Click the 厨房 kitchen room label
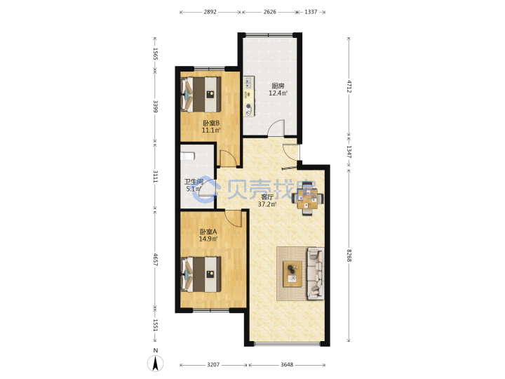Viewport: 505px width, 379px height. [x=278, y=86]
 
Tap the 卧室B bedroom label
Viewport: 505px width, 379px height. [x=211, y=123]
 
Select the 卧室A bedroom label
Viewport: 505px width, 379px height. [x=208, y=232]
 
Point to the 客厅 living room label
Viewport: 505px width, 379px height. [x=267, y=197]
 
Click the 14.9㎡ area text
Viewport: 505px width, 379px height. [x=208, y=239]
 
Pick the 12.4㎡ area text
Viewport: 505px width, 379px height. [x=278, y=93]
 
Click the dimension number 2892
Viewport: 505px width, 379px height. [x=210, y=12]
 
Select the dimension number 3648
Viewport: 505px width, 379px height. [x=287, y=364]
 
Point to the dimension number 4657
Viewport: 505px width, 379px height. [x=156, y=260]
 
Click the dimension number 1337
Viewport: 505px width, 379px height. [x=311, y=12]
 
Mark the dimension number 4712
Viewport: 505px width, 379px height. [x=349, y=86]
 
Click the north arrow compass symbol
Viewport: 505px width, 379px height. [x=156, y=364]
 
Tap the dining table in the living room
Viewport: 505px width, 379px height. [x=307, y=200]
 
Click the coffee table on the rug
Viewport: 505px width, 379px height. [x=292, y=274]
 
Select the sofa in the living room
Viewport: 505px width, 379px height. [x=316, y=274]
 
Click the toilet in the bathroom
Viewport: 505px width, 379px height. [x=187, y=157]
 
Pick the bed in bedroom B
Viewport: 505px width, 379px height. [x=201, y=94]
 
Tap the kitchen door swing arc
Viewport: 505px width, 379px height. [x=276, y=128]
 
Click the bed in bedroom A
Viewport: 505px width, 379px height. [x=201, y=274]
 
